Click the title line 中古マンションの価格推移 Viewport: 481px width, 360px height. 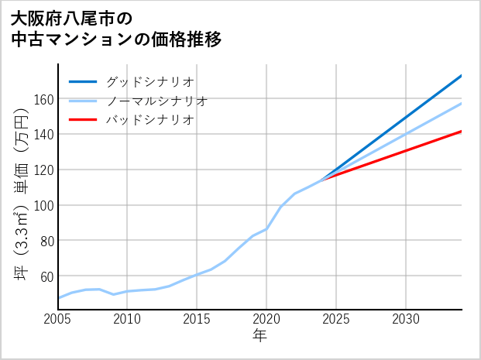click(116, 39)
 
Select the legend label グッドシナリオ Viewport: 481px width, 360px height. click(149, 81)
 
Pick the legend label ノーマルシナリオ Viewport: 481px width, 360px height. click(156, 101)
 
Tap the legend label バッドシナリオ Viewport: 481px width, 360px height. click(149, 120)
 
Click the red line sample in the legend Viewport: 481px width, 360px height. click(83, 120)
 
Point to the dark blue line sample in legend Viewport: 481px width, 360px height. click(83, 81)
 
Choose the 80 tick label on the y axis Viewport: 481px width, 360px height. click(46, 241)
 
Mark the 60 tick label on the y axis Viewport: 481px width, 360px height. click(46, 276)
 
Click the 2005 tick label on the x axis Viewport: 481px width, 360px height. click(58, 319)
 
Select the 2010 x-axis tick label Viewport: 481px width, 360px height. click(128, 319)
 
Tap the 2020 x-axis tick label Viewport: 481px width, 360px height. click(266, 319)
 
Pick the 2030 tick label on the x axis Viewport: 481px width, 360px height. click(406, 319)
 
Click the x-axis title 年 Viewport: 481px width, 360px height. click(260, 336)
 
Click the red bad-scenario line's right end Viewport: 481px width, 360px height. click(461, 132)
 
